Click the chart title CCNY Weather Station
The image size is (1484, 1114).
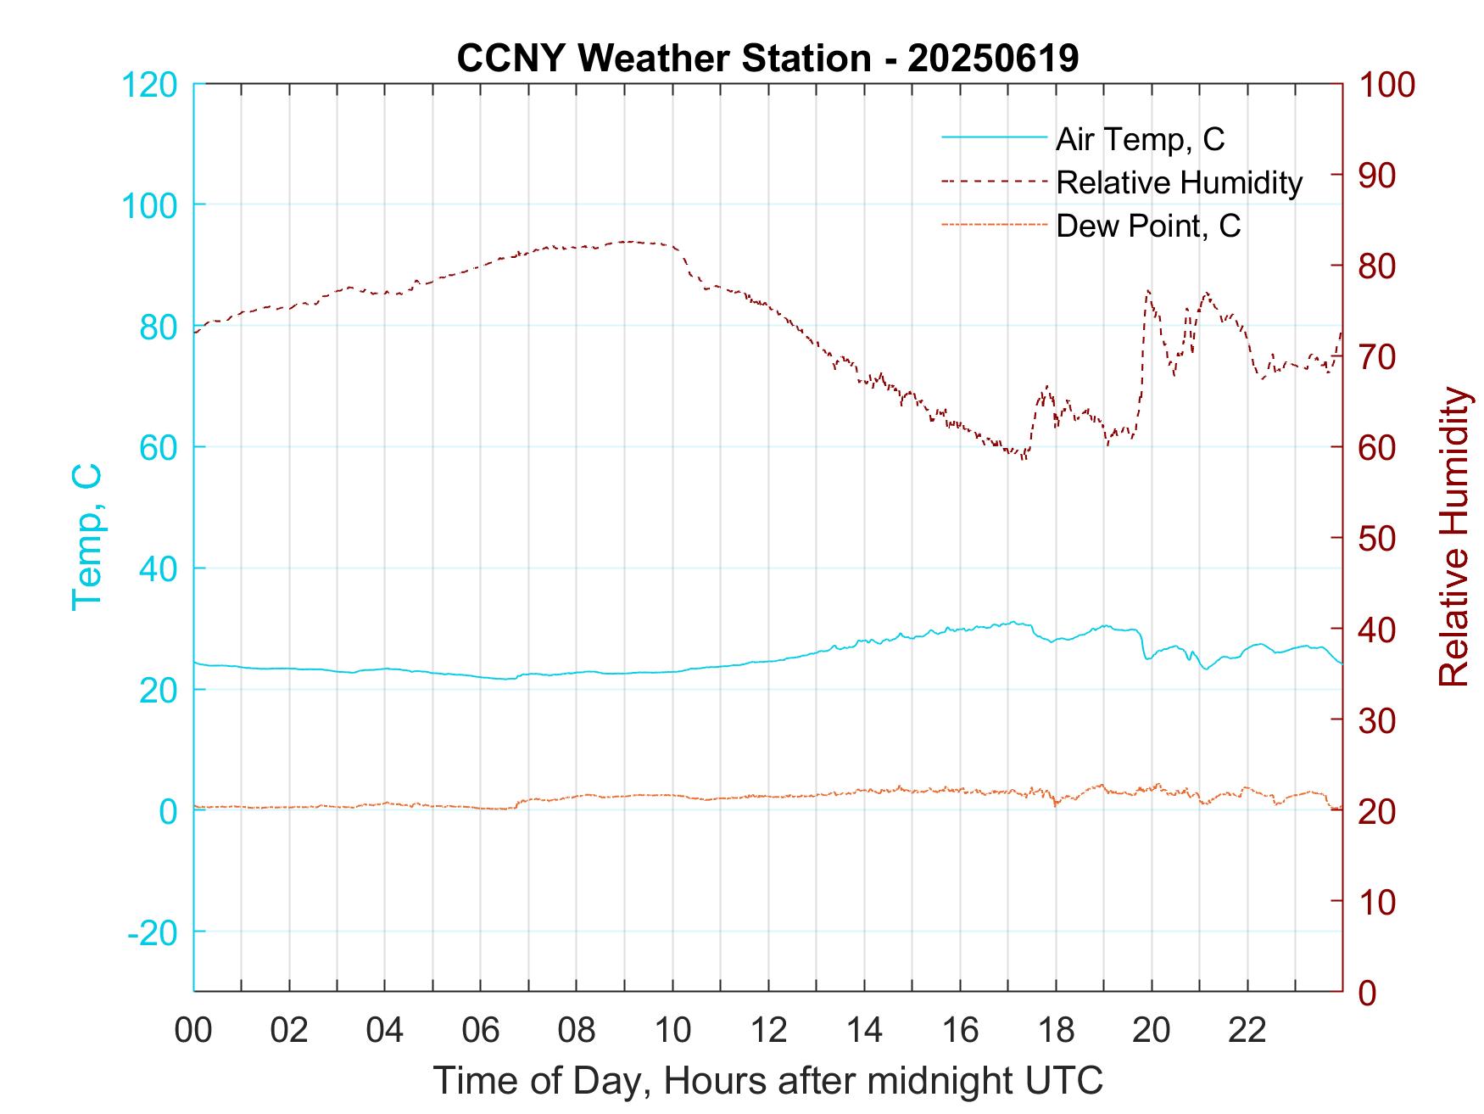(767, 59)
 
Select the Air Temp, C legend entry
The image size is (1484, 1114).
(1140, 138)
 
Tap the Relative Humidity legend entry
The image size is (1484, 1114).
(1179, 182)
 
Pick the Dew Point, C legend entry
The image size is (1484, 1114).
(1148, 227)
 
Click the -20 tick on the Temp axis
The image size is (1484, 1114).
(152, 933)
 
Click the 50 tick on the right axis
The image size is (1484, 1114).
(1379, 539)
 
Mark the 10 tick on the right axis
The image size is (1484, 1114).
(1379, 902)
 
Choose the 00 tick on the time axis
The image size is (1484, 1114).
(193, 1030)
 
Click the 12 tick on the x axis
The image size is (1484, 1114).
(768, 1030)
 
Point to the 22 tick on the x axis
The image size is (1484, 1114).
(1247, 1030)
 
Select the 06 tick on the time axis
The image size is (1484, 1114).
(481, 1030)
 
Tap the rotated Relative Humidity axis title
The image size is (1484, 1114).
(1454, 536)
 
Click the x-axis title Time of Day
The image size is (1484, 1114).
(767, 1081)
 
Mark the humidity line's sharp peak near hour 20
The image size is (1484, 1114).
(1148, 290)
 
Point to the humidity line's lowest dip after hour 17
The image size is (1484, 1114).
(1024, 459)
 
